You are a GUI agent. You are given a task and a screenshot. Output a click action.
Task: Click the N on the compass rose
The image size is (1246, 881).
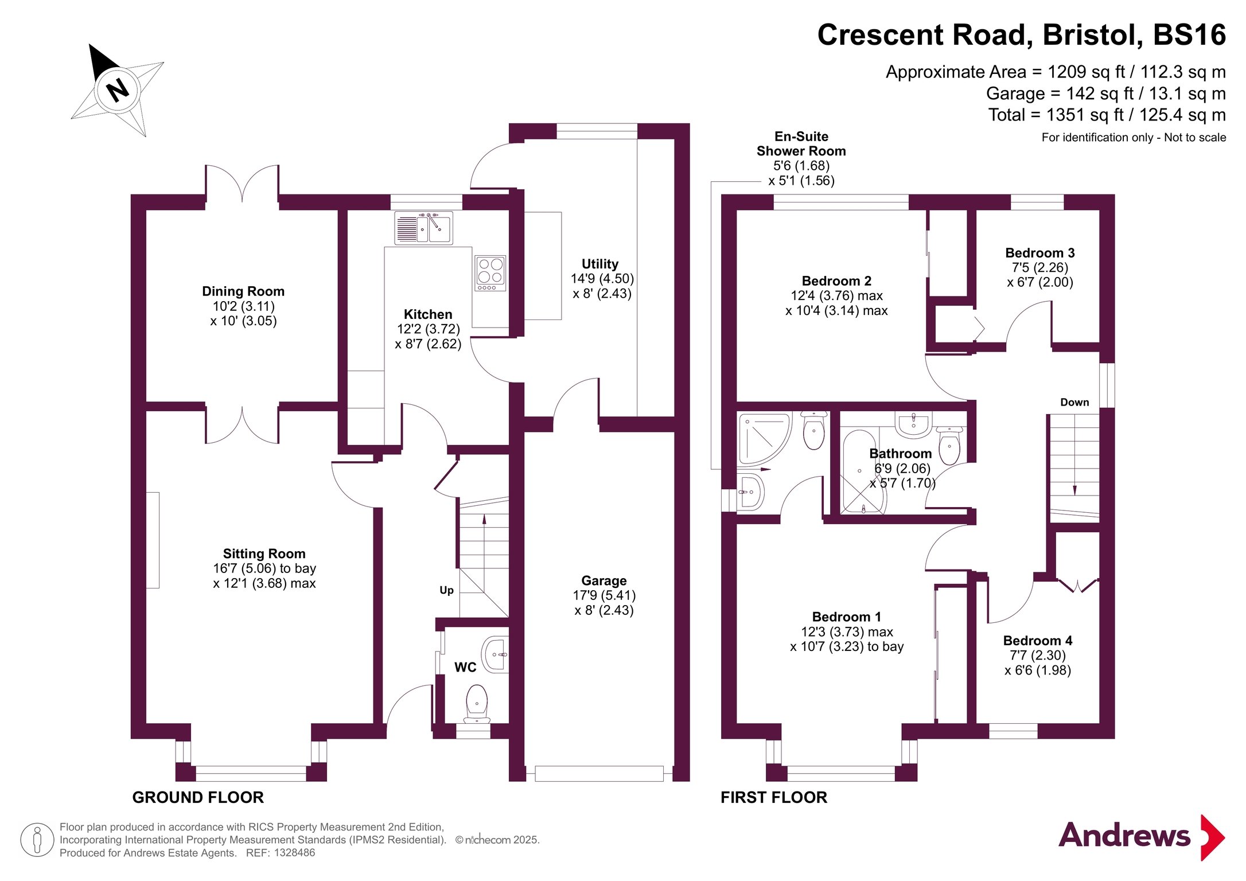tap(118, 89)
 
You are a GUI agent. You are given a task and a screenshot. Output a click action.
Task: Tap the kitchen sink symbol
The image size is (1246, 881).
tap(423, 228)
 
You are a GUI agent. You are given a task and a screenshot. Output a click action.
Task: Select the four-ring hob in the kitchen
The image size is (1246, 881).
tap(490, 273)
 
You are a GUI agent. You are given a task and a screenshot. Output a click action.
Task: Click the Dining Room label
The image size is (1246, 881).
tap(243, 291)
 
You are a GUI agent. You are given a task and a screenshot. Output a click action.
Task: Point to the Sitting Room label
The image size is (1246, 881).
tap(264, 553)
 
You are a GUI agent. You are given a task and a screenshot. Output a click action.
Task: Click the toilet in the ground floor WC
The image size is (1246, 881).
tap(477, 704)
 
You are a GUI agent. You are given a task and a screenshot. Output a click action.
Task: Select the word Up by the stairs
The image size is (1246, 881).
tap(446, 590)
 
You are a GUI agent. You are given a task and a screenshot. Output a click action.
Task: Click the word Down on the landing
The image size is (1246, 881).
tap(1074, 402)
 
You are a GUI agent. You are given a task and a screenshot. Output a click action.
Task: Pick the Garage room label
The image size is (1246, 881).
tap(604, 580)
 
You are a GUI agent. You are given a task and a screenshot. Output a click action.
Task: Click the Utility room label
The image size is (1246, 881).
tap(600, 264)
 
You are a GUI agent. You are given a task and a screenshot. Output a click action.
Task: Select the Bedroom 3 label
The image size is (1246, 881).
tap(1040, 253)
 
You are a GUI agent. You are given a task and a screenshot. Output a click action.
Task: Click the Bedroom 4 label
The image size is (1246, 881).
tap(1038, 641)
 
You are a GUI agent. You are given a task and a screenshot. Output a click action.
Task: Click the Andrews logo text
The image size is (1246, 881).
tap(1124, 835)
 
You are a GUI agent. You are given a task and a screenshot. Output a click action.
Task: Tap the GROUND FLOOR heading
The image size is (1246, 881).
tap(198, 797)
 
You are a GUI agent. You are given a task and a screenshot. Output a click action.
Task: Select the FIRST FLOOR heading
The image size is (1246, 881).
tap(774, 797)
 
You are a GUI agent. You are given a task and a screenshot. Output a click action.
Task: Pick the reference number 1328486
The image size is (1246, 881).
tap(294, 853)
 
